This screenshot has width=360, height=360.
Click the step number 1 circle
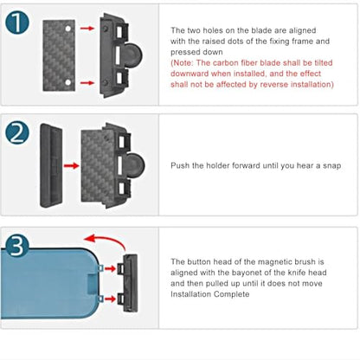17,22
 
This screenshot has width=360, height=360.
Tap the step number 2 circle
17,132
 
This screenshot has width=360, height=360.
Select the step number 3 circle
17,245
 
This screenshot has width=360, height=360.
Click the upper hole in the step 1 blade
67,29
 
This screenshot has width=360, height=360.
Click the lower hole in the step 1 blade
67,82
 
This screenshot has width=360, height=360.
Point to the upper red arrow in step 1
87,29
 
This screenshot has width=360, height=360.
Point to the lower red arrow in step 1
87,83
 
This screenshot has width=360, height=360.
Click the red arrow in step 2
71,166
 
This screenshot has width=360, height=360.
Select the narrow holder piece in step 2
51,166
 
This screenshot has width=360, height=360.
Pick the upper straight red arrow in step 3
110,269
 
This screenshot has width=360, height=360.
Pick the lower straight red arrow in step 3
110,299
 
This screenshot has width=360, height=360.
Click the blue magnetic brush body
49,283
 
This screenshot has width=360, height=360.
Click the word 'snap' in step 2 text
331,166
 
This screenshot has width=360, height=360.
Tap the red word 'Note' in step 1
183,63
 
